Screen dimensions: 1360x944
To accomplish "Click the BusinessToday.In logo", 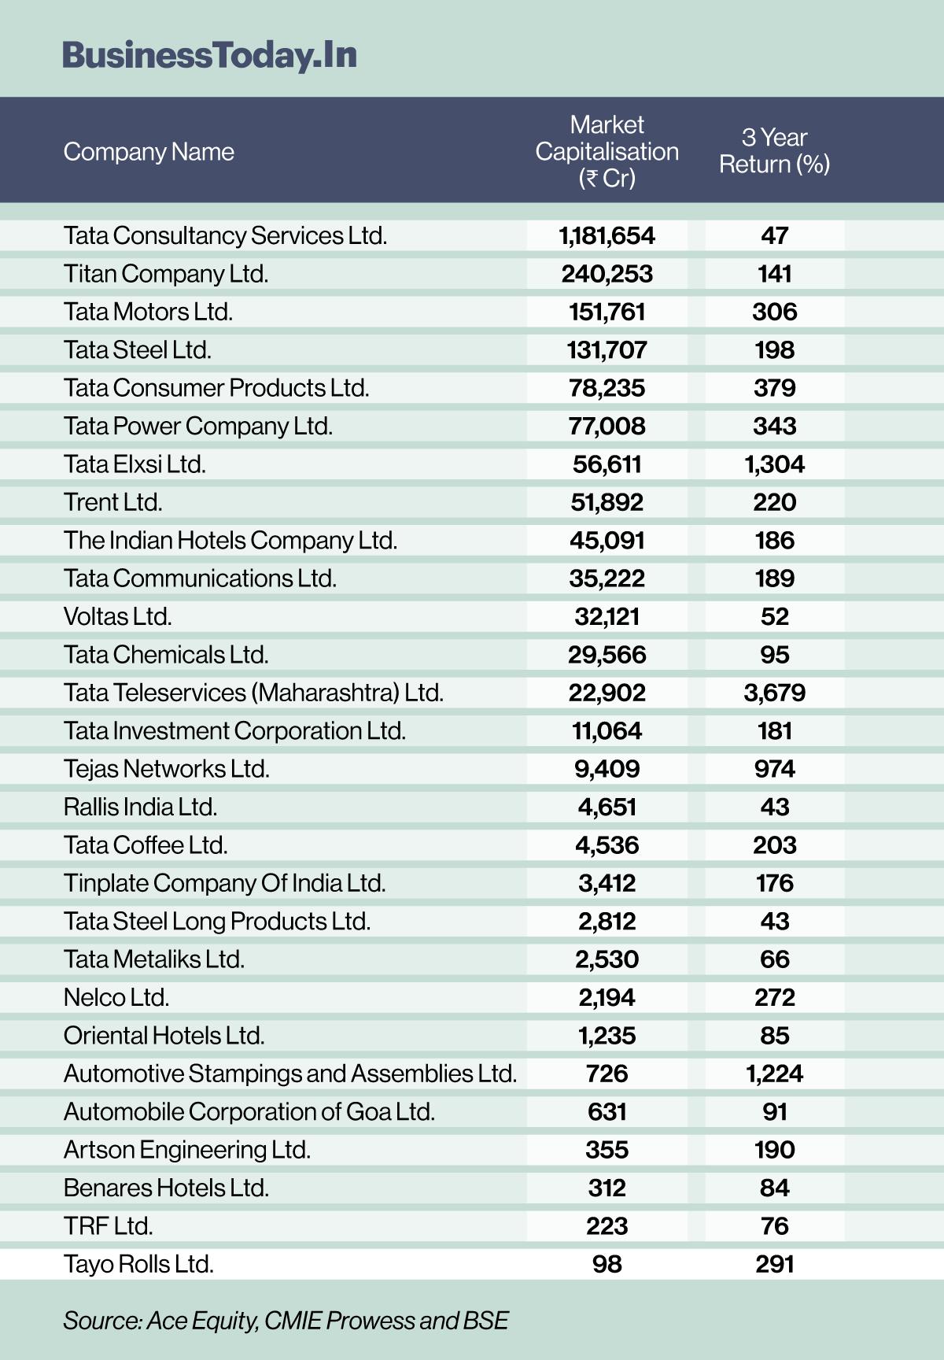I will tap(209, 55).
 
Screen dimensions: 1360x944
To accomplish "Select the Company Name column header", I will tap(149, 151).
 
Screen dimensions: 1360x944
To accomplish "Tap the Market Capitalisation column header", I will tap(607, 151).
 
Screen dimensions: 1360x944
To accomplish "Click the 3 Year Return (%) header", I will tap(774, 151).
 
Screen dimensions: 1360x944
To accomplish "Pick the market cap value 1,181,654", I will tap(607, 235).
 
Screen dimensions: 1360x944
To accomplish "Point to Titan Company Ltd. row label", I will tap(166, 274).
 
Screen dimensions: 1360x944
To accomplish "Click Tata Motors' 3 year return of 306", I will tap(774, 312).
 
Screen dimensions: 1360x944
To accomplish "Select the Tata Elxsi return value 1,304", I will tap(774, 464).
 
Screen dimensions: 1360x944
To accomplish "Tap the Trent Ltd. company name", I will tap(113, 502).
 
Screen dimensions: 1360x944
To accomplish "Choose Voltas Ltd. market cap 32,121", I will tap(607, 616).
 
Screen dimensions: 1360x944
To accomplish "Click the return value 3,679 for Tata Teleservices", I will tap(774, 693).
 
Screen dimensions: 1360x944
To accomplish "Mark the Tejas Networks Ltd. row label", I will tap(166, 769).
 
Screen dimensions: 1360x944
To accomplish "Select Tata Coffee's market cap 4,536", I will tap(607, 845).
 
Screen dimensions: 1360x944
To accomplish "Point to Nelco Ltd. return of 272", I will tap(774, 997).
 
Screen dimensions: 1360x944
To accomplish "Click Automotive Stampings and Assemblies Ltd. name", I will tap(289, 1074).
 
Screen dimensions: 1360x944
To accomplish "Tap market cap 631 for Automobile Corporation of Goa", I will tap(607, 1111).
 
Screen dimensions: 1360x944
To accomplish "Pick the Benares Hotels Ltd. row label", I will tap(166, 1188).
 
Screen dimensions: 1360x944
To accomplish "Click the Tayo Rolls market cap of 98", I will tap(607, 1264).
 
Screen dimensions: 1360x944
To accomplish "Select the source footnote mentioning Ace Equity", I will tap(286, 1320).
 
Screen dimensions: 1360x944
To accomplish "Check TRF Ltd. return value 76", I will tap(774, 1226).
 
